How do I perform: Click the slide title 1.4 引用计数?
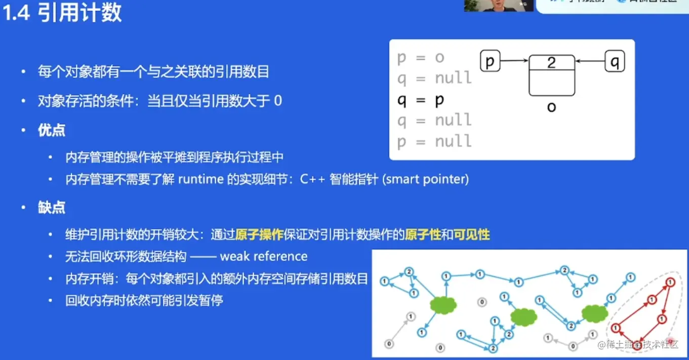pos(63,13)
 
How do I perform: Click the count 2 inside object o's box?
pos(551,62)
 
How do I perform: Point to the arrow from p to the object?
pos(514,61)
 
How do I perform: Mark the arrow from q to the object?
pos(590,62)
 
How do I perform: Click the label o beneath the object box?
pos(551,107)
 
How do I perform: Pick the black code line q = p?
pos(421,99)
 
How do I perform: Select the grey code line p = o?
pos(421,57)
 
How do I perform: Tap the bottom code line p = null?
pos(434,141)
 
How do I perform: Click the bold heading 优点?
pos(52,131)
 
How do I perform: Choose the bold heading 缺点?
pos(52,208)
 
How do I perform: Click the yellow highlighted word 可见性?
pos(472,234)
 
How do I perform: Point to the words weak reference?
pos(263,256)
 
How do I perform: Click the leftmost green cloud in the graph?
pos(443,304)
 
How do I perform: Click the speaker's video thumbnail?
pos(499,6)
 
